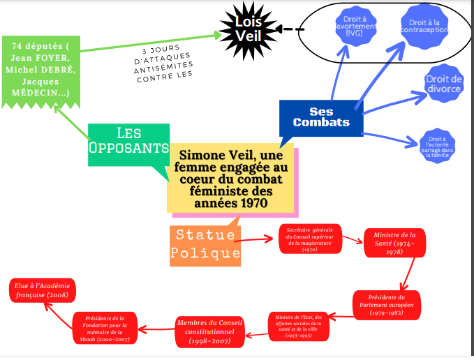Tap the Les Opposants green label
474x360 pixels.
point(128,142)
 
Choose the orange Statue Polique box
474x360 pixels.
point(205,245)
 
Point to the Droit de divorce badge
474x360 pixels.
point(443,84)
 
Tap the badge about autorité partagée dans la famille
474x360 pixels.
point(437,147)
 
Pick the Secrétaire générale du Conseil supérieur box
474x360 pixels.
point(310,239)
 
